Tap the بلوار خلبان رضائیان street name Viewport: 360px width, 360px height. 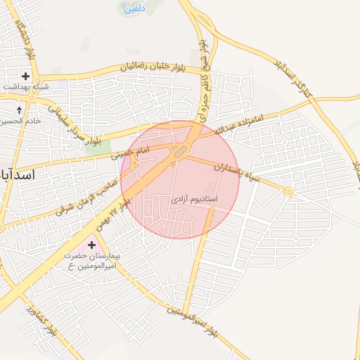coord(155,67)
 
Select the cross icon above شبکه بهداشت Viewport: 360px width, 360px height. coord(26,75)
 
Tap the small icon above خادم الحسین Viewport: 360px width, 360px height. coord(19,110)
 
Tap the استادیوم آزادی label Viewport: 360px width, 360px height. coord(194,200)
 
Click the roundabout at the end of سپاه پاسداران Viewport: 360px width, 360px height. coord(288,192)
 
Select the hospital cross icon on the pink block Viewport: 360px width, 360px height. coord(92,245)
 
